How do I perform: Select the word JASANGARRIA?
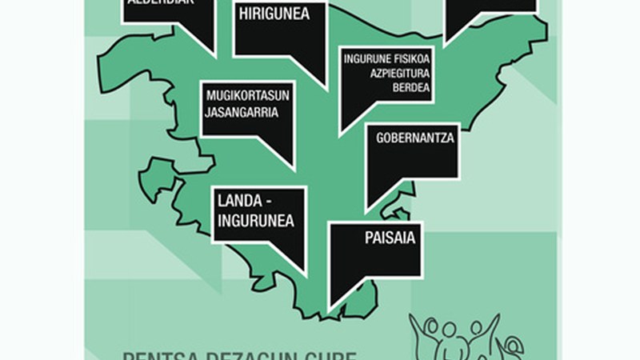(242, 113)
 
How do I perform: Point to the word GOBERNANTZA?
(414, 138)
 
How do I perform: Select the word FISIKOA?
(408, 58)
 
